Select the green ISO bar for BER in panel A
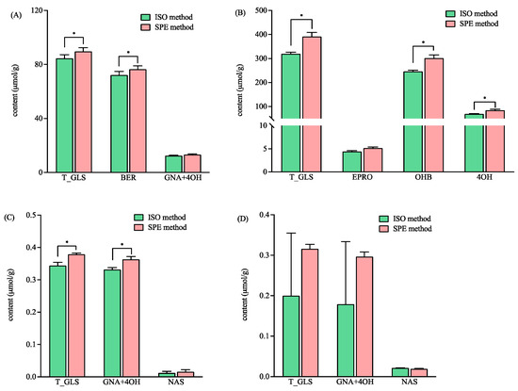(x=119, y=123)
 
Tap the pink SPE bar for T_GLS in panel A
(x=83, y=112)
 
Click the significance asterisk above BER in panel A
(x=127, y=53)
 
